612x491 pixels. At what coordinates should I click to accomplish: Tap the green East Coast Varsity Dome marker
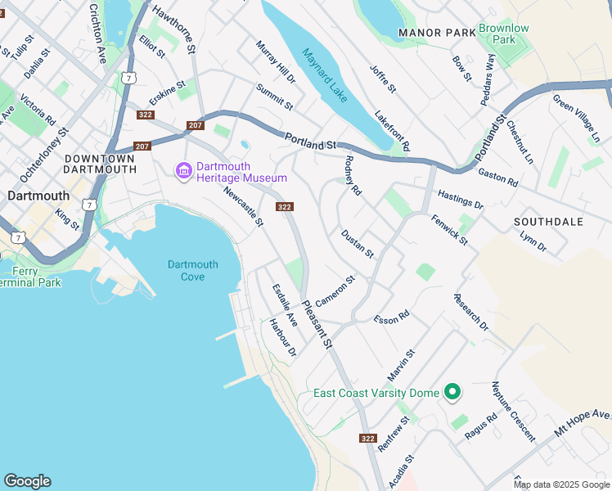(x=451, y=393)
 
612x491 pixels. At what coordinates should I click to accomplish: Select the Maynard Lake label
(x=325, y=75)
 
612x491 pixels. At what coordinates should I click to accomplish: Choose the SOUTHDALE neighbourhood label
(x=548, y=222)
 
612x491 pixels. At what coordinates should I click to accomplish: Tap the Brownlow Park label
(x=503, y=34)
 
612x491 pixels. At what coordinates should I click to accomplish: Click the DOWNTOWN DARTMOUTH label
(x=99, y=164)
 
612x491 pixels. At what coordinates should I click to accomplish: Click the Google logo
(x=27, y=481)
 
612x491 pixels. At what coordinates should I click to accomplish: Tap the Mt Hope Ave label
(x=583, y=422)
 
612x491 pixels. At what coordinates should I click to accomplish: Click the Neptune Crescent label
(x=513, y=411)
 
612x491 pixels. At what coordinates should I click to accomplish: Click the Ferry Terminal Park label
(x=30, y=277)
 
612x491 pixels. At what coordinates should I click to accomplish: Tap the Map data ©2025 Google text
(x=562, y=484)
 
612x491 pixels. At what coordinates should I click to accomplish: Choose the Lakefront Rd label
(x=392, y=130)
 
